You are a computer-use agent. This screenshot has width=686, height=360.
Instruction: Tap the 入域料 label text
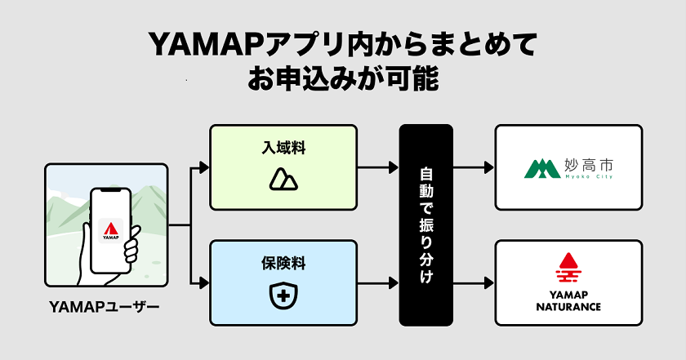pos(283,149)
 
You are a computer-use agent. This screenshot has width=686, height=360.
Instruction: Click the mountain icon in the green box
pos(283,180)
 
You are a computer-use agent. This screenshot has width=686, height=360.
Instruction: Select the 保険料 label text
pos(283,265)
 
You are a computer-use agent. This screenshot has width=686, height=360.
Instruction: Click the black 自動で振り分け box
pos(425,224)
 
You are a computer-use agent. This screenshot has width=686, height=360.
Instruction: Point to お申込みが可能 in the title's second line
pos(343,80)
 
